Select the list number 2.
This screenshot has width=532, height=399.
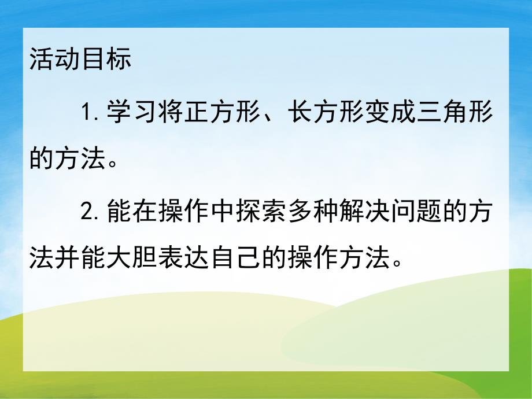90,215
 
